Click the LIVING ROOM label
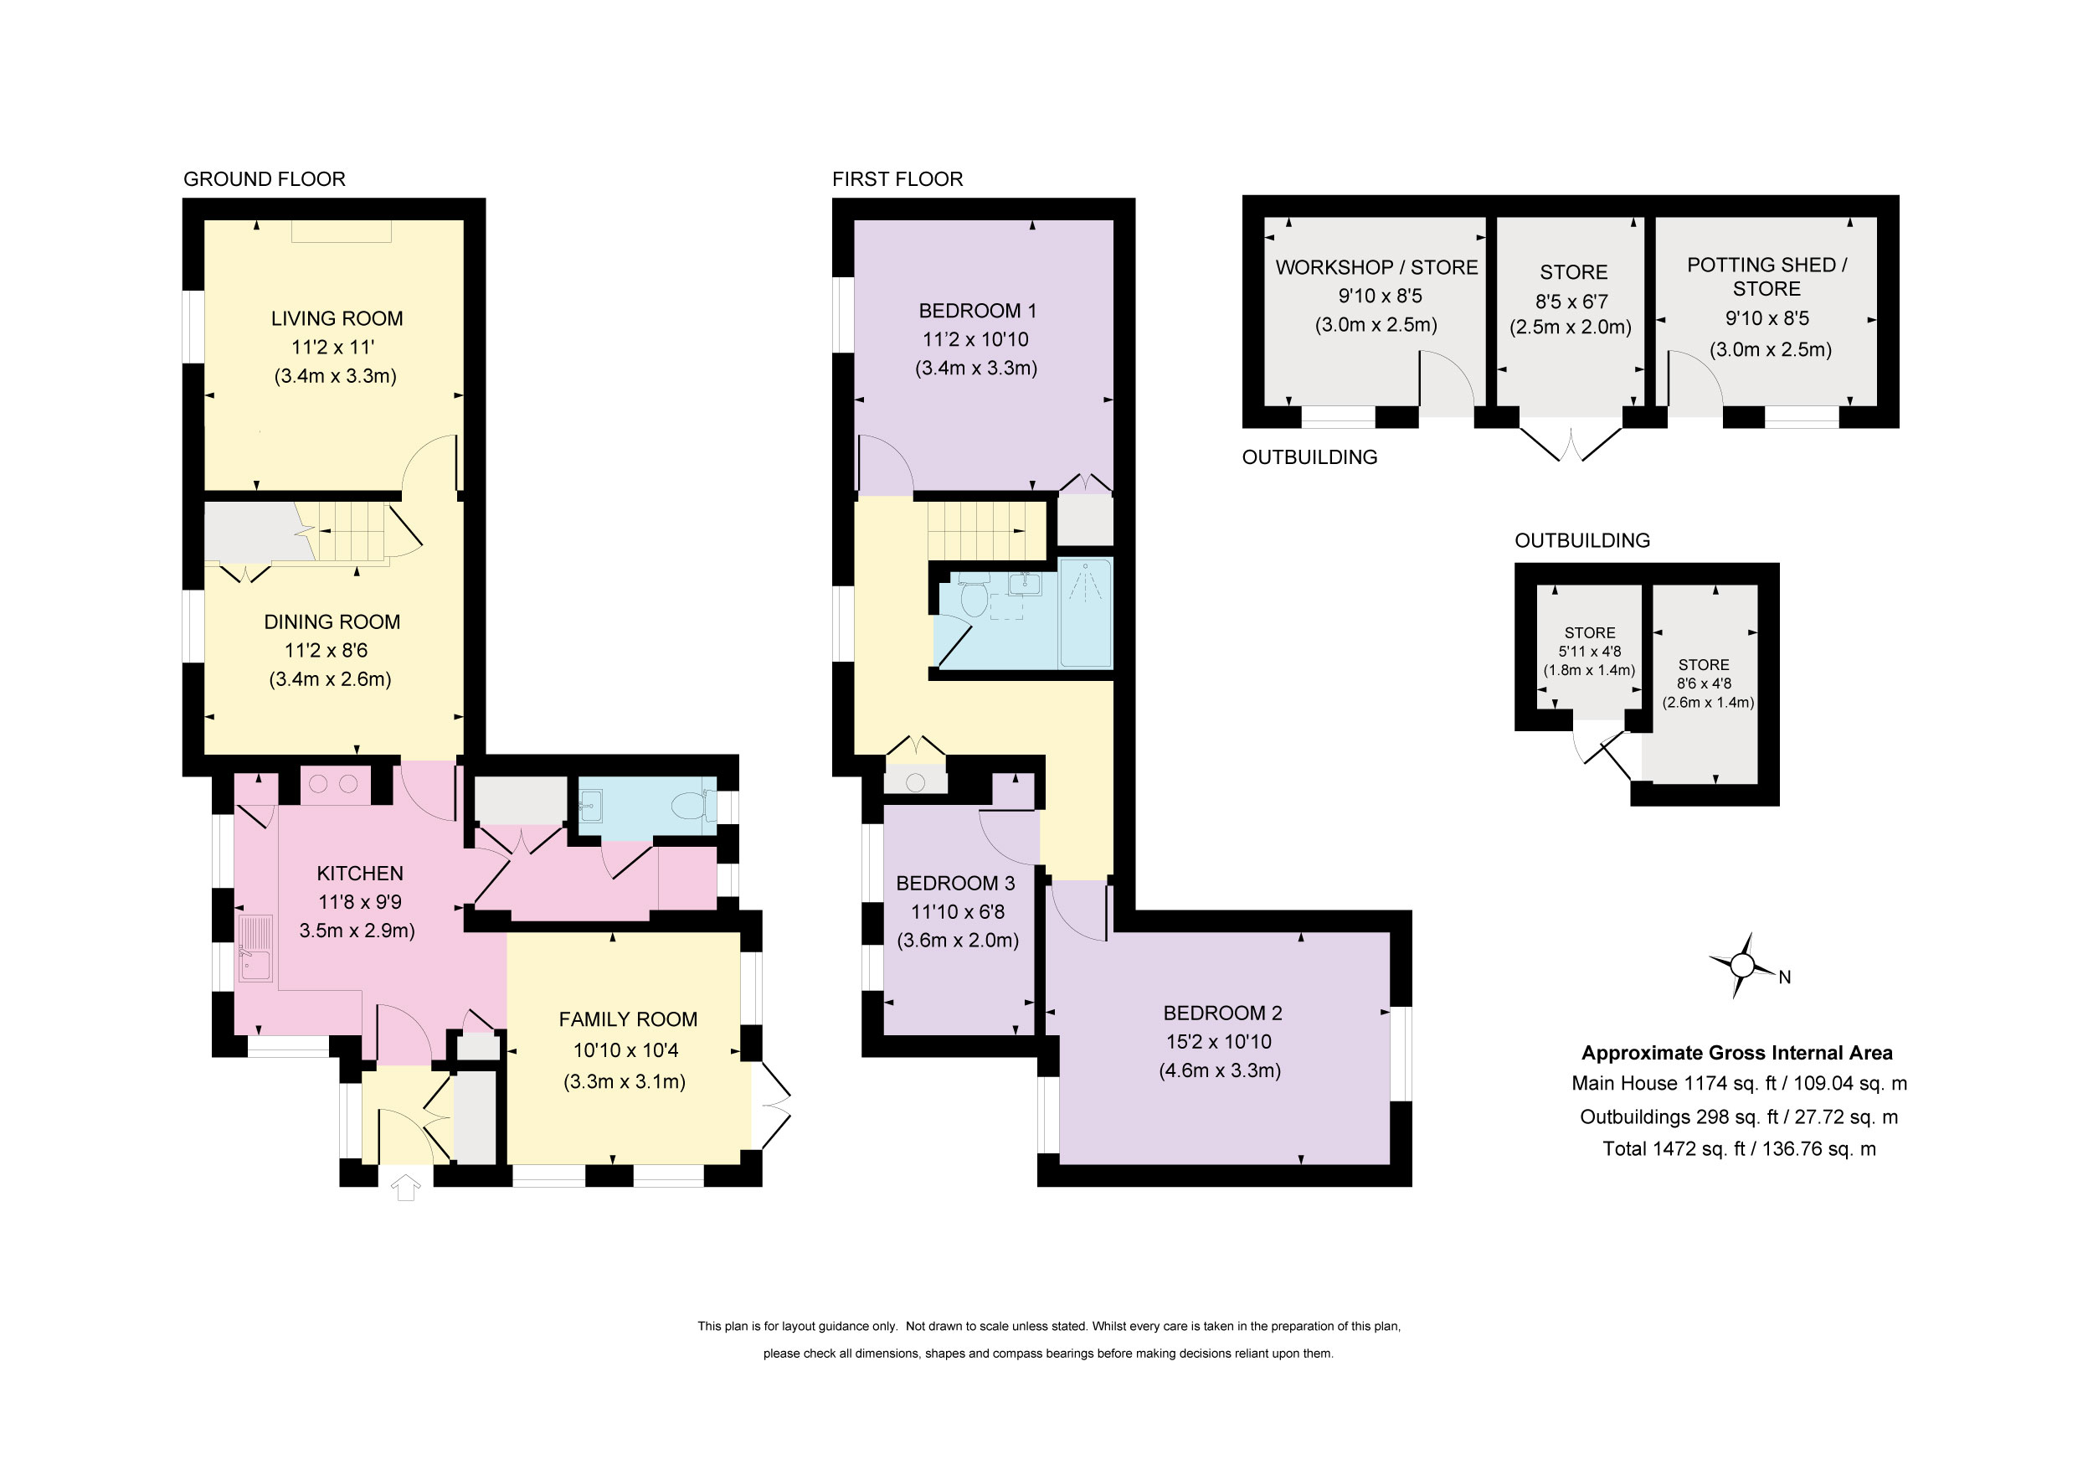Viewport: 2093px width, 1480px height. (x=337, y=318)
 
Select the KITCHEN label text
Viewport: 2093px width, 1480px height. (x=360, y=874)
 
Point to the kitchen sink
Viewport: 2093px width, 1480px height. (x=255, y=948)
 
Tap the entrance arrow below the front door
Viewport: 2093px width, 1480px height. (x=406, y=1188)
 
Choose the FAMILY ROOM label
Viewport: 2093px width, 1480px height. (x=628, y=1019)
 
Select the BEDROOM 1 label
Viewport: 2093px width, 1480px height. (x=978, y=310)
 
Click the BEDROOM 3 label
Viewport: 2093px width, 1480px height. (x=955, y=883)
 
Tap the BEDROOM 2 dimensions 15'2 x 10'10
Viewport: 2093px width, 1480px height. (x=1219, y=1041)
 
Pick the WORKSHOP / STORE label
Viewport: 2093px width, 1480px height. (x=1376, y=267)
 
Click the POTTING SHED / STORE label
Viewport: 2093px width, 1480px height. (x=1766, y=276)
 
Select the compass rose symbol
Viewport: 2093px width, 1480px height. (x=1741, y=966)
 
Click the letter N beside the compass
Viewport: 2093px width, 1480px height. (x=1785, y=977)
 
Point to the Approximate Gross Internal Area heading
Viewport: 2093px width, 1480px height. (x=1736, y=1053)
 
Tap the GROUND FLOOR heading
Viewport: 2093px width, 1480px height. (x=265, y=178)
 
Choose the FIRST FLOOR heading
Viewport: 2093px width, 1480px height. (x=898, y=178)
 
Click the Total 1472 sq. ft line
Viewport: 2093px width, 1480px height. (x=1740, y=1149)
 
